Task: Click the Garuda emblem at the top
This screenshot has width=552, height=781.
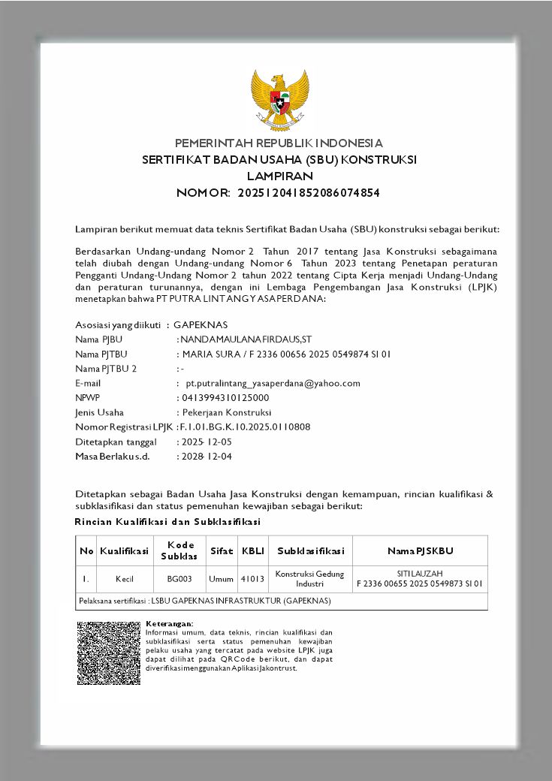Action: [279, 101]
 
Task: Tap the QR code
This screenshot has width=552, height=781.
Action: [108, 653]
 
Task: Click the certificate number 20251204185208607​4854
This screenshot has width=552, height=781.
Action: [309, 193]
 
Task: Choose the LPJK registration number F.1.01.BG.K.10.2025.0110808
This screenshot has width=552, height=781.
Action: [246, 427]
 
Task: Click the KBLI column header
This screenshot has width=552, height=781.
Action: [252, 551]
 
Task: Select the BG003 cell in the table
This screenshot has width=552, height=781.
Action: [179, 579]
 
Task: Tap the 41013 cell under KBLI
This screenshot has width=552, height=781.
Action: [252, 579]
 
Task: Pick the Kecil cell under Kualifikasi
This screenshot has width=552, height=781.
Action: [125, 579]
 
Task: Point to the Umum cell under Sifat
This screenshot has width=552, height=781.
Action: [221, 579]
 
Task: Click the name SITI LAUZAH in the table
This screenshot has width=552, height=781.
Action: [419, 574]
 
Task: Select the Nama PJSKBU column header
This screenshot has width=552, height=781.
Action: [420, 551]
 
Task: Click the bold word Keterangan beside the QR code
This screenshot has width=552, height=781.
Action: [169, 624]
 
